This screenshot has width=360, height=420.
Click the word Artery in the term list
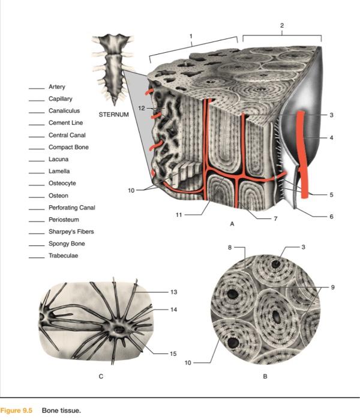click(x=57, y=87)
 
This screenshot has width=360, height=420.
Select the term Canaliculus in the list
click(x=64, y=111)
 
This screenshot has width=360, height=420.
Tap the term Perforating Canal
click(x=71, y=208)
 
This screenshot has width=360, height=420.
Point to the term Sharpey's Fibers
click(x=71, y=232)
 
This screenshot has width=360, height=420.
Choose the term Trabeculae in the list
click(x=63, y=256)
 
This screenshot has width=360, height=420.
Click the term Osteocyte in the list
click(x=62, y=183)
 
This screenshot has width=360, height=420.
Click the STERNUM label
click(x=113, y=113)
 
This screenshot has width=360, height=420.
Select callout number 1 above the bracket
click(x=191, y=36)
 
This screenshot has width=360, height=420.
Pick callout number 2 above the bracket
click(x=283, y=25)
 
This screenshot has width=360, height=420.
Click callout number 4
click(x=331, y=138)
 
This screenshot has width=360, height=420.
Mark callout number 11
click(x=178, y=214)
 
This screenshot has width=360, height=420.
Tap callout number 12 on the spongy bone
click(x=141, y=108)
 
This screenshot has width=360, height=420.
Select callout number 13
click(x=173, y=292)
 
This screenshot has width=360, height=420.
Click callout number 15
click(x=173, y=354)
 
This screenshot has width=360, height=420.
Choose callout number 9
click(x=333, y=287)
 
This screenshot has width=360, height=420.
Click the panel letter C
click(x=101, y=377)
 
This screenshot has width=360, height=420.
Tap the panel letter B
click(x=265, y=377)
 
